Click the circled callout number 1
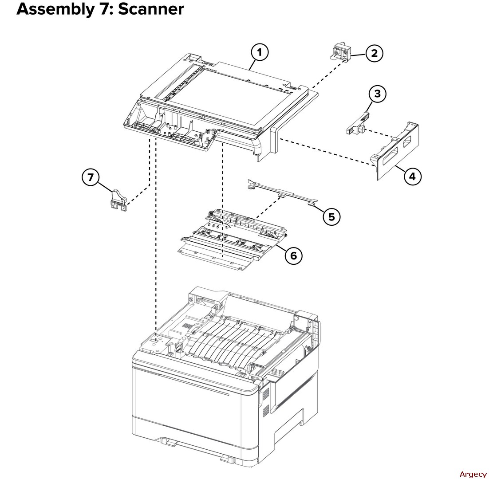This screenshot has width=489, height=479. tap(260, 52)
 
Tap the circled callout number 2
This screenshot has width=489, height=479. tap(375, 54)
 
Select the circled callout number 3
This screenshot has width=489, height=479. tap(377, 94)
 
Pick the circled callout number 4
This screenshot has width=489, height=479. tap(412, 176)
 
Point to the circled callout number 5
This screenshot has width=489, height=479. tap(331, 216)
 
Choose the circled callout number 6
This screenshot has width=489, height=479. tap(293, 255)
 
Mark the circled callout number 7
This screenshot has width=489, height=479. tap(91, 177)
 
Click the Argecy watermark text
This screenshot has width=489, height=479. tap(473, 474)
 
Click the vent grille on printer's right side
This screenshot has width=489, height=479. tap(266, 404)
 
